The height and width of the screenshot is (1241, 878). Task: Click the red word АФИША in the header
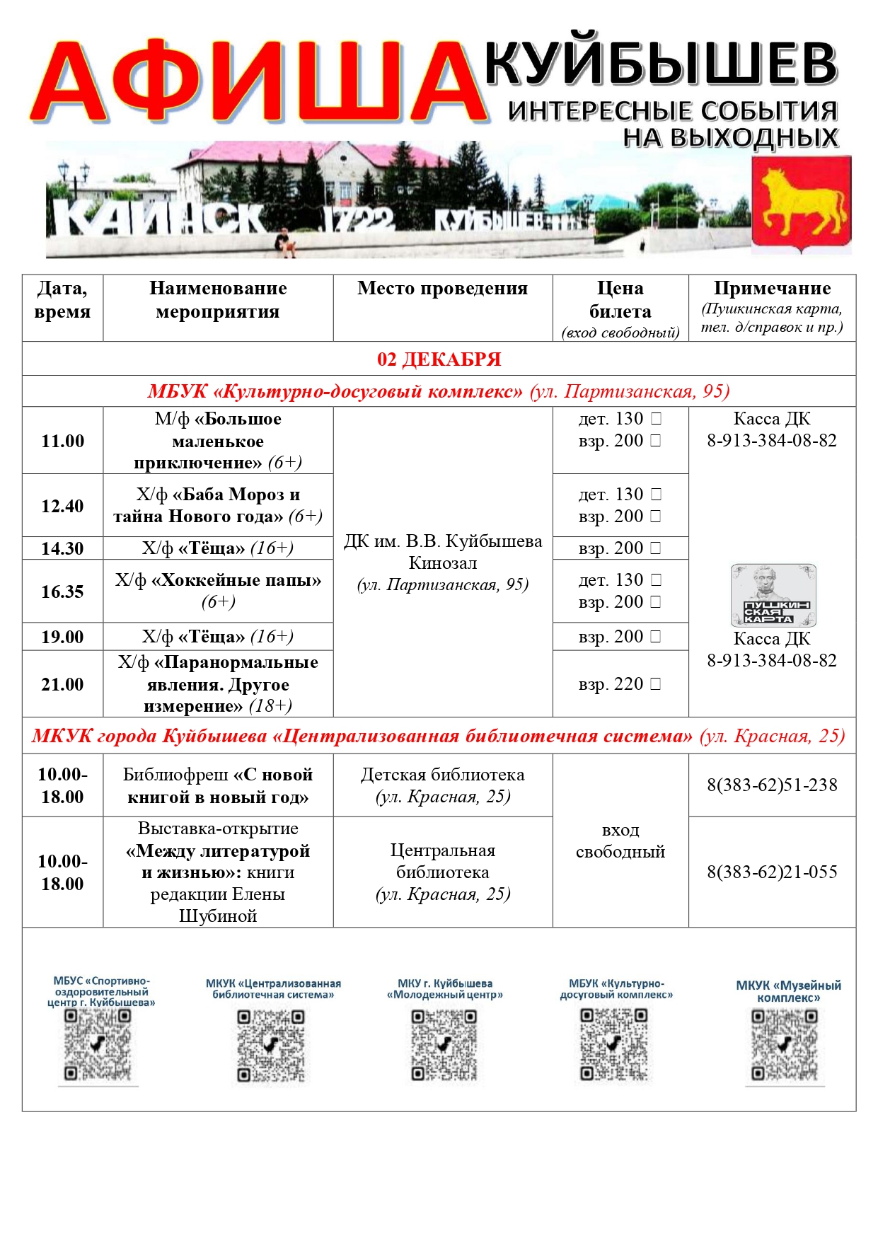258,82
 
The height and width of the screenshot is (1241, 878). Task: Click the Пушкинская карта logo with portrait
773,595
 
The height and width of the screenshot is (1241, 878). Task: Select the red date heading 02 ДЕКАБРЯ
439,359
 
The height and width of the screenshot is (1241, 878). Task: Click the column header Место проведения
442,289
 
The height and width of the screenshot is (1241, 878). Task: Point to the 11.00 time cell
62,441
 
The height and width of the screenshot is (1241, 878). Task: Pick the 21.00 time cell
62,684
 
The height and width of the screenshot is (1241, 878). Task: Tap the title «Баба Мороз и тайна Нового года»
218,505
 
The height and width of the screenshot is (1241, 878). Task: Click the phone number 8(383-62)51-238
772,785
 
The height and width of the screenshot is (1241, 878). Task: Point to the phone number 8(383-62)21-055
772,872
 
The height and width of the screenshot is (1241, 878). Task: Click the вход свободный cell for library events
620,841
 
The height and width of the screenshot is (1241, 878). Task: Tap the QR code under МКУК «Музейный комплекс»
785,1046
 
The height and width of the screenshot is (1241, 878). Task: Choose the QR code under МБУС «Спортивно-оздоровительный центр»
98,1045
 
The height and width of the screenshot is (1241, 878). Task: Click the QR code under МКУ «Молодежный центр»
444,1046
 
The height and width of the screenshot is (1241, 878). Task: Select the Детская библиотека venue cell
442,785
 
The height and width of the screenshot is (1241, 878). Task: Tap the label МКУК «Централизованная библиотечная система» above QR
273,989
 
